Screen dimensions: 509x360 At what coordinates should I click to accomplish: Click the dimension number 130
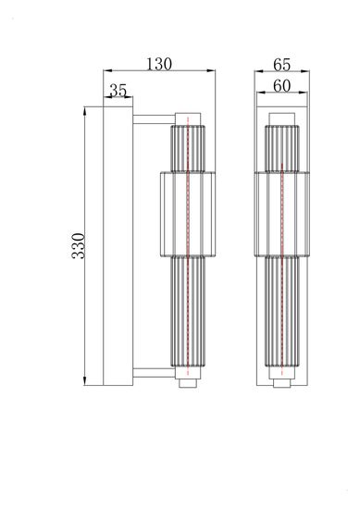point(158,64)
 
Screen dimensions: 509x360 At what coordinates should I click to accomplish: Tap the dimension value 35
point(118,91)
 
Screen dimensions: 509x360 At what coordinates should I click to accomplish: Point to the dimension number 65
point(283,64)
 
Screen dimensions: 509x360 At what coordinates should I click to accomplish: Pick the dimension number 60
point(283,86)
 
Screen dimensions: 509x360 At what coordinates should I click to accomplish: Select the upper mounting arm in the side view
point(153,118)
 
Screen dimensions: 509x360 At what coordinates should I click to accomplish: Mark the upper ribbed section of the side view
point(188,146)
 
